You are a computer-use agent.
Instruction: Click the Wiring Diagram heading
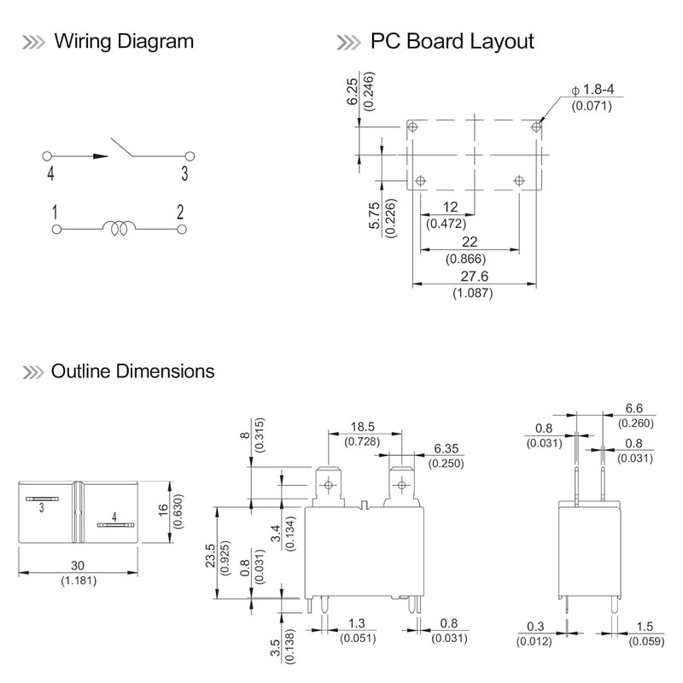pyautogui.click(x=123, y=41)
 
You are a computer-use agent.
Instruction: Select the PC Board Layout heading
pyautogui.click(x=452, y=41)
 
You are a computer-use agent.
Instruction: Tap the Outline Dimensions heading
pyautogui.click(x=132, y=371)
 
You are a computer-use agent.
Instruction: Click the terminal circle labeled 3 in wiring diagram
pyautogui.click(x=190, y=156)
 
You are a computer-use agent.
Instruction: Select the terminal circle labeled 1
pyautogui.click(x=55, y=229)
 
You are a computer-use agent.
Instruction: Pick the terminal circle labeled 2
pyautogui.click(x=181, y=229)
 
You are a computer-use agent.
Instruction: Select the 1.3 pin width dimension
pyautogui.click(x=357, y=625)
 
